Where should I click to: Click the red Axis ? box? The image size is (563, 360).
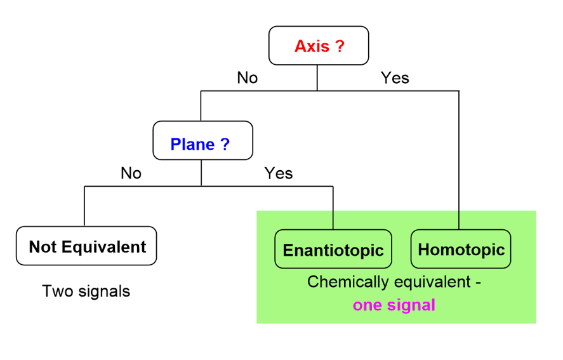[319, 46]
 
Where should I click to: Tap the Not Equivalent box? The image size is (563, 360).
[86, 246]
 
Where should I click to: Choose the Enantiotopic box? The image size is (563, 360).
[333, 250]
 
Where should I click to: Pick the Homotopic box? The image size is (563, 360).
[460, 250]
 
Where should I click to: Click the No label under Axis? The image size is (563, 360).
[248, 78]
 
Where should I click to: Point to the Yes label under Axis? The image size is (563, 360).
[395, 78]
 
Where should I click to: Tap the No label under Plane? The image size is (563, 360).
[131, 173]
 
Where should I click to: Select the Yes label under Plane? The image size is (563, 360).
[279, 173]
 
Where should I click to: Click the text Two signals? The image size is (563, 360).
[86, 291]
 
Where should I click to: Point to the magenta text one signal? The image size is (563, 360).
[394, 305]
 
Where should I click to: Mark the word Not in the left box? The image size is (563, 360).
[42, 246]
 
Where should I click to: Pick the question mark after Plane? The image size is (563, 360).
[225, 144]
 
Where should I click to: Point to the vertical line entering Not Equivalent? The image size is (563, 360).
[84, 206]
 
